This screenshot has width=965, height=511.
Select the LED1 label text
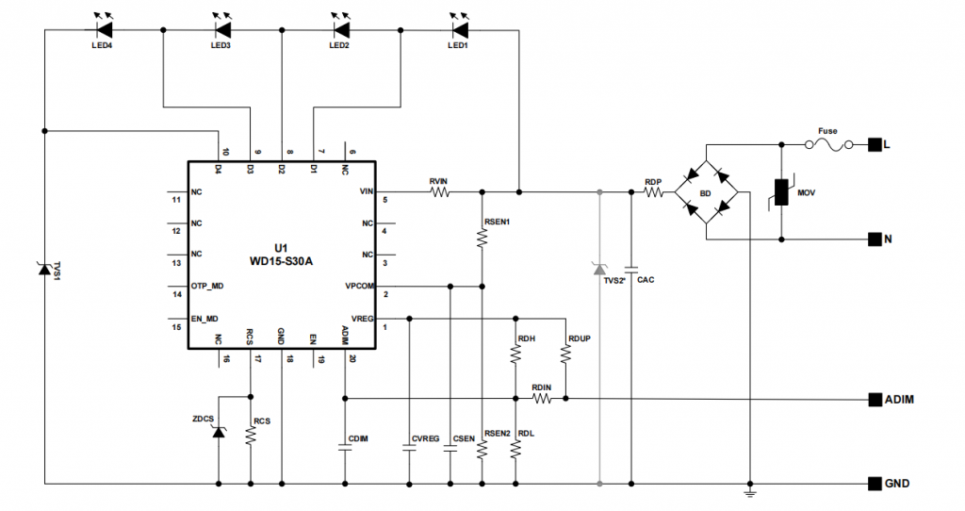pos(458,45)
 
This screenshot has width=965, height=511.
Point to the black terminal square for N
pos(875,239)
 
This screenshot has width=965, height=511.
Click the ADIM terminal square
pos(875,399)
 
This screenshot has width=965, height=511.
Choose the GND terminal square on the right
pos(875,484)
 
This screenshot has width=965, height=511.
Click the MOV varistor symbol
pos(781,193)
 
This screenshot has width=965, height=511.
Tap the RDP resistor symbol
pos(654,192)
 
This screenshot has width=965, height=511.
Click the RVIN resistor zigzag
pos(439,192)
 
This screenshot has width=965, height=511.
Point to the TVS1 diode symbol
pos(43,269)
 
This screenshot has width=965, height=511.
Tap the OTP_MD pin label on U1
pos(206,285)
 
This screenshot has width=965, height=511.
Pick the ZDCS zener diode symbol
pos(219,432)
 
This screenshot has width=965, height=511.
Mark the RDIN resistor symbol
pos(541,399)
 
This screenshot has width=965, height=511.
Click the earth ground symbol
pos(749,492)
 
